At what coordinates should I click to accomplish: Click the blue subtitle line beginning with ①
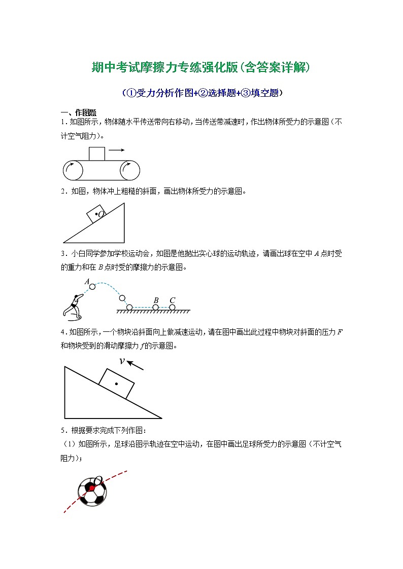(x=202, y=93)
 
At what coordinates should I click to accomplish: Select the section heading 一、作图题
(x=79, y=112)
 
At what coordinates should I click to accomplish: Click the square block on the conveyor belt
(x=97, y=153)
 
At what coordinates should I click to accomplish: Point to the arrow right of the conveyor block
(x=117, y=149)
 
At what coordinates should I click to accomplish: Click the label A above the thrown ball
(x=87, y=281)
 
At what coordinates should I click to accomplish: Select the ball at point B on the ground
(x=156, y=307)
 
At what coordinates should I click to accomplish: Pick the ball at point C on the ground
(x=172, y=307)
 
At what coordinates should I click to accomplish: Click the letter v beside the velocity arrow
(x=122, y=361)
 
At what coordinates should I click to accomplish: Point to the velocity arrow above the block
(x=135, y=365)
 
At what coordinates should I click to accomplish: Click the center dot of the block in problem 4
(x=116, y=384)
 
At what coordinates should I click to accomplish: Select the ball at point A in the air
(x=92, y=287)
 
